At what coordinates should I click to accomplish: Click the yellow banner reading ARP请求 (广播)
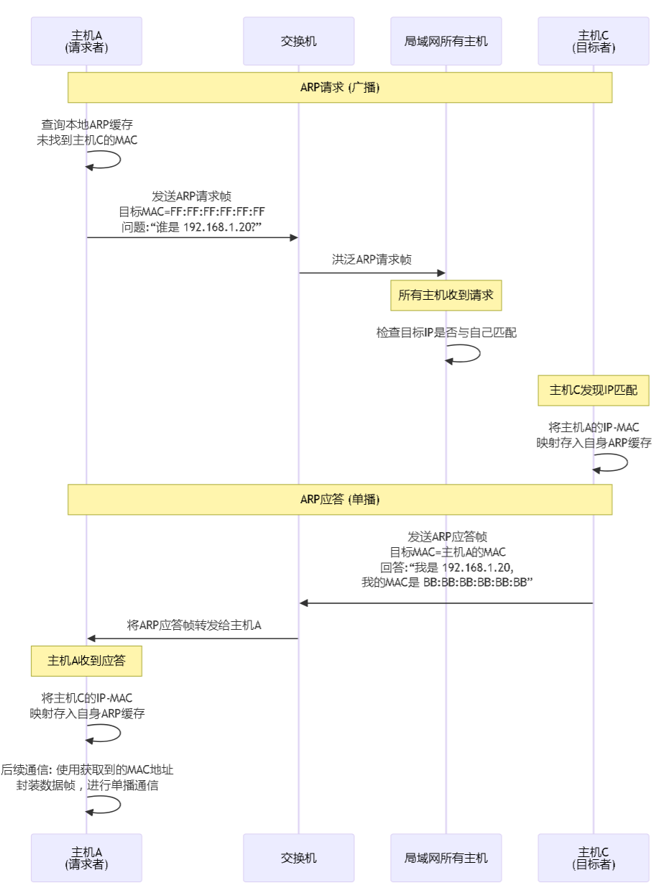(340, 87)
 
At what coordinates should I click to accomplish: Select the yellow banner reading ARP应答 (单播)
(340, 499)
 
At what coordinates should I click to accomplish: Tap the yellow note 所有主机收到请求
(446, 296)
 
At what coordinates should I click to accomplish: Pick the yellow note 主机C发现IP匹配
(594, 390)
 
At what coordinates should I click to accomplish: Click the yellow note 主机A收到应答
(86, 660)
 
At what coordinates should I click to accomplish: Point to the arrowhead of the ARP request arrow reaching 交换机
(294, 237)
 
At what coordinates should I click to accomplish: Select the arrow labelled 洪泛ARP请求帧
(372, 273)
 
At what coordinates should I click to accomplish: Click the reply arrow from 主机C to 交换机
(446, 603)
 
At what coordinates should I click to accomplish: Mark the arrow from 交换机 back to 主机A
(193, 638)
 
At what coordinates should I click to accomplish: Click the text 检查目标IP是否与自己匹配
(446, 333)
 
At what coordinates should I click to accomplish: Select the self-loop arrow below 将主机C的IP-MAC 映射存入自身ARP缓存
(108, 733)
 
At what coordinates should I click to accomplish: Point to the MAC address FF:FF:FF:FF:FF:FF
(217, 211)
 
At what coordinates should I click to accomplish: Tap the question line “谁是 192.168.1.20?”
(192, 227)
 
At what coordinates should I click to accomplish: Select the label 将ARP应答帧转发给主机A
(193, 625)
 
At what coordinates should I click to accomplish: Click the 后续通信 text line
(87, 770)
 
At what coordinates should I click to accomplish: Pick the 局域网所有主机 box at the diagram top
(446, 41)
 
